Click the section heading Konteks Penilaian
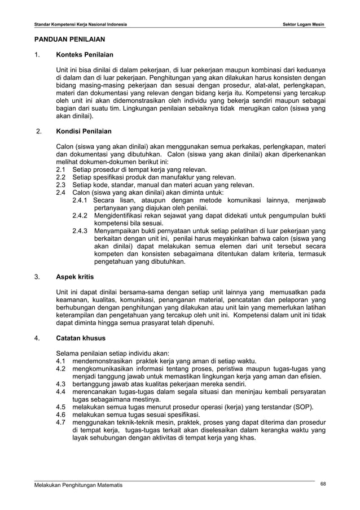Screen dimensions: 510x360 [x=84, y=55]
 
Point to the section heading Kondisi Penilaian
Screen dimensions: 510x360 [x=84, y=131]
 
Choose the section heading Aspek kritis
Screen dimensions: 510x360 [x=74, y=277]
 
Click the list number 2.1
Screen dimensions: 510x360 [x=61, y=169]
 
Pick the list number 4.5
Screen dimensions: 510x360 [x=61, y=407]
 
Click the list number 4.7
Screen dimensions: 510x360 [x=61, y=422]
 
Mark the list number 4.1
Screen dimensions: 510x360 [x=61, y=361]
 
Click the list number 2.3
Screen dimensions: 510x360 [x=61, y=184]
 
